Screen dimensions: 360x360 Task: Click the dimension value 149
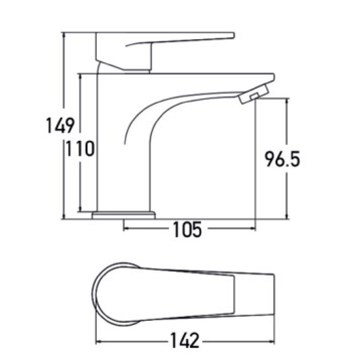click(x=60, y=125)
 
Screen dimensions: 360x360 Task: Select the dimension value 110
click(x=80, y=148)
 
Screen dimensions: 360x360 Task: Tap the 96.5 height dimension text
click(x=282, y=159)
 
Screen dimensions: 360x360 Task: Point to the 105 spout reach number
click(x=187, y=229)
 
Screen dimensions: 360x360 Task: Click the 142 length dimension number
click(x=184, y=340)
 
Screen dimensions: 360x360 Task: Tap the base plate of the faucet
click(x=124, y=215)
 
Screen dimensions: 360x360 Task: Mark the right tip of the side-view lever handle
click(x=234, y=35)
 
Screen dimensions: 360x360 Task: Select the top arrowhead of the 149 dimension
click(x=64, y=34)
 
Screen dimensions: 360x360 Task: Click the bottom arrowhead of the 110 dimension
click(x=80, y=209)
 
